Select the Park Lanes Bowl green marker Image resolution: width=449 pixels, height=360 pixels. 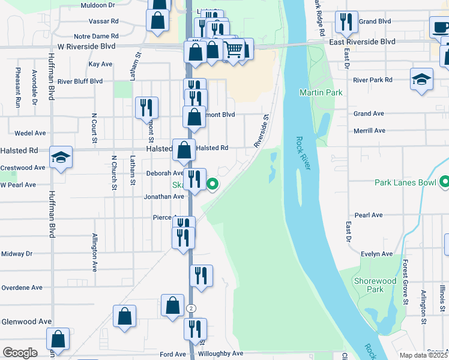pos(444,181)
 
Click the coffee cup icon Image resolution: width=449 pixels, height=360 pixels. pos(441,27)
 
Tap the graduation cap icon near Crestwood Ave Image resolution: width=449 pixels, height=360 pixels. pos(61,157)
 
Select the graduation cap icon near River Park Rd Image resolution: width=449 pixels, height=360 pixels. pos(421,79)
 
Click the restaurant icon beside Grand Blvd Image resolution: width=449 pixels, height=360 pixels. pos(346,22)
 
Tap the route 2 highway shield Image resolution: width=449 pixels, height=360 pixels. pos(191,308)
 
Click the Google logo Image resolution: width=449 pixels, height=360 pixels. pos(20,353)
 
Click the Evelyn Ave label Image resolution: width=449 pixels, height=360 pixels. pos(377,254)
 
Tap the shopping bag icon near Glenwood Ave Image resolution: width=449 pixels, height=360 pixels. pos(124,316)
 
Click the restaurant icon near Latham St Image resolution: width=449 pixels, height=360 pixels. pos(146,107)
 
